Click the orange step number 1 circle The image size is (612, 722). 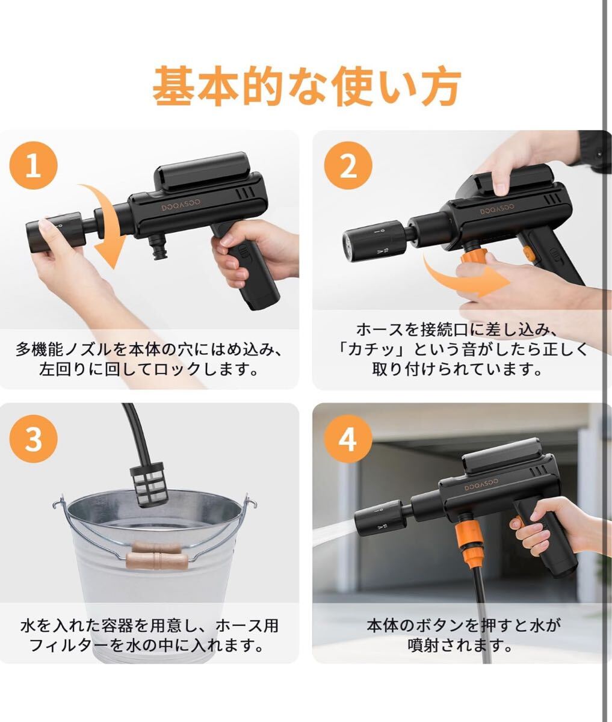point(34,165)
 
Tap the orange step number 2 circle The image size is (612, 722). point(348,165)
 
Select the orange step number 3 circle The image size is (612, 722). point(34,439)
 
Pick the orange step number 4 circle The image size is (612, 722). point(348,439)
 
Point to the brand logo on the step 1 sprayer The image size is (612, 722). point(181,205)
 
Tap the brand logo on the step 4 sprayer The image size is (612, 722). point(481,484)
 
